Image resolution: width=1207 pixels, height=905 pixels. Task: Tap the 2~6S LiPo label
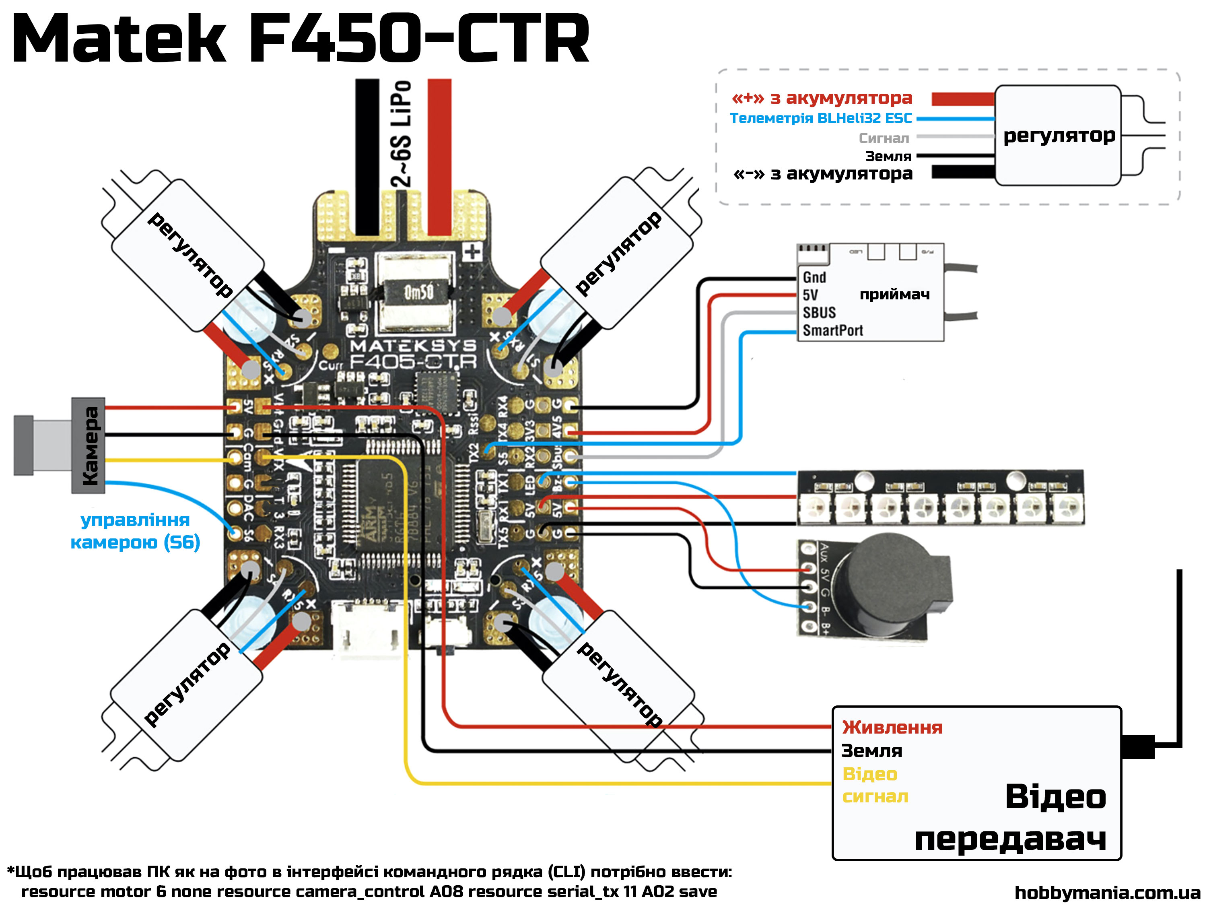pos(402,134)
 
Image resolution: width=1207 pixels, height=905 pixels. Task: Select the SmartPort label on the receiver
pos(832,330)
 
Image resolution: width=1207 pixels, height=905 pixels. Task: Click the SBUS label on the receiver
pos(819,313)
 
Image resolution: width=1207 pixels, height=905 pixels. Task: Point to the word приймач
pos(894,295)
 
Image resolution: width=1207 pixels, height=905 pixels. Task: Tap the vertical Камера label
pos(90,445)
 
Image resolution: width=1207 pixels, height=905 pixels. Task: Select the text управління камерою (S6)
pos(135,531)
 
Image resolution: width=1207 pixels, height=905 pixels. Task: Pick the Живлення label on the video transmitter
pos(892,727)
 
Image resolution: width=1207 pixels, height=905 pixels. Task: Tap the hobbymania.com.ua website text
pos(1107,893)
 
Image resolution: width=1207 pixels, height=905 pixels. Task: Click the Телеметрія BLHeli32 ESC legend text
pos(821,118)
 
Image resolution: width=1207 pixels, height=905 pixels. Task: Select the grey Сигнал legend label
pos(884,138)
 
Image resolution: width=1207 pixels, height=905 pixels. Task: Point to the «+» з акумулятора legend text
pos(822,98)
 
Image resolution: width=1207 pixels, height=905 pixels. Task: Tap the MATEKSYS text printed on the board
pos(413,346)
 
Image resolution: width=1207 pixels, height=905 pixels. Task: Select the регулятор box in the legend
pos(1059,135)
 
